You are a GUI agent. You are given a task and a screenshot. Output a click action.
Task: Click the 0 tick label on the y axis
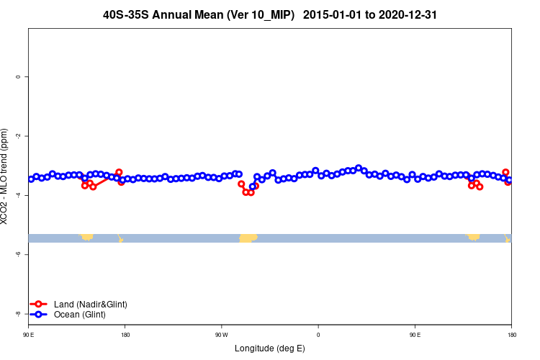pos(17,76)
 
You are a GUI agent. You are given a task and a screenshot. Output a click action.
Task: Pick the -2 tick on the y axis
pos(17,136)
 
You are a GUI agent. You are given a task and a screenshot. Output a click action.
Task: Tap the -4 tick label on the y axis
pos(17,195)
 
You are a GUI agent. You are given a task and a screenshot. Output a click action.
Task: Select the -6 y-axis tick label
pos(17,254)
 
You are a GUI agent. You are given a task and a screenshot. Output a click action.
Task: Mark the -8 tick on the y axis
pos(17,314)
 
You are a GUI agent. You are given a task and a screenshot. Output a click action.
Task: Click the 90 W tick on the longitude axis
pos(221,335)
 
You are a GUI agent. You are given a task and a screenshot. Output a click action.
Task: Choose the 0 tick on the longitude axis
pos(318,335)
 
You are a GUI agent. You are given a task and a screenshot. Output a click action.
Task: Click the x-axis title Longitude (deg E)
pos(270,348)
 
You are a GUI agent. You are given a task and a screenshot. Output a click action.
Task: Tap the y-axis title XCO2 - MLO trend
pos(6,176)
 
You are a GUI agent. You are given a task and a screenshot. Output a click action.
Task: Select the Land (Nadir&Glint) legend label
pos(90,305)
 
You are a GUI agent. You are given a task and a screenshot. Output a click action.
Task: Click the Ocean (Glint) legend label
pos(81,315)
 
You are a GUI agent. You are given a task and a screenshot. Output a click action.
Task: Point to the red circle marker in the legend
pos(39,305)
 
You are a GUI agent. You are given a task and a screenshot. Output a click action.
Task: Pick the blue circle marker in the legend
pos(39,315)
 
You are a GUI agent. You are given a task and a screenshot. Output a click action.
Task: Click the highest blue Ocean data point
pos(359,168)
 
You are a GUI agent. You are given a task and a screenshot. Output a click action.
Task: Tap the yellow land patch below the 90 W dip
pos(248,238)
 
